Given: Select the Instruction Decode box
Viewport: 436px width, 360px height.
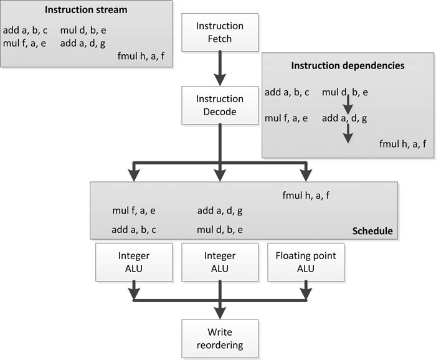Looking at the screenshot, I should coord(219,105).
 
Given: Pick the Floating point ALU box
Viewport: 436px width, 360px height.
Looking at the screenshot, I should coord(305,262).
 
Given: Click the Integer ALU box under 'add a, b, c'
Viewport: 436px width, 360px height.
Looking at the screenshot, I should coord(134,262).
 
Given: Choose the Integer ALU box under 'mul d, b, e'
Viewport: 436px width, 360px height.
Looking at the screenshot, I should coord(219,262).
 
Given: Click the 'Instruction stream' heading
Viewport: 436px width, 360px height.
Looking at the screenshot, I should coord(86,11).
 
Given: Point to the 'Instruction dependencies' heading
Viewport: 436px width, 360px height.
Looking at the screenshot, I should coord(348,65).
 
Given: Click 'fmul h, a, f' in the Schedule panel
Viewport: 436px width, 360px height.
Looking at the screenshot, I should coord(306,196).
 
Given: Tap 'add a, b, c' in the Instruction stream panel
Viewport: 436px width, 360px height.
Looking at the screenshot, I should coord(26,30).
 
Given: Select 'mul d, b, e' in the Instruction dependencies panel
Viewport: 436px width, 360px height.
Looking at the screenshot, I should coord(345,93).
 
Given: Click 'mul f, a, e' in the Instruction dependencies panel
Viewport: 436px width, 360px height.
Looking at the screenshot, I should coord(287,118).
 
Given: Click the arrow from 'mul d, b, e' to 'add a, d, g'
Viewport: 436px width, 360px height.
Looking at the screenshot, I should coord(348,105).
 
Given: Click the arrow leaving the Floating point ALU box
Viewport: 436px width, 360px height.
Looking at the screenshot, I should coord(305,290).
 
